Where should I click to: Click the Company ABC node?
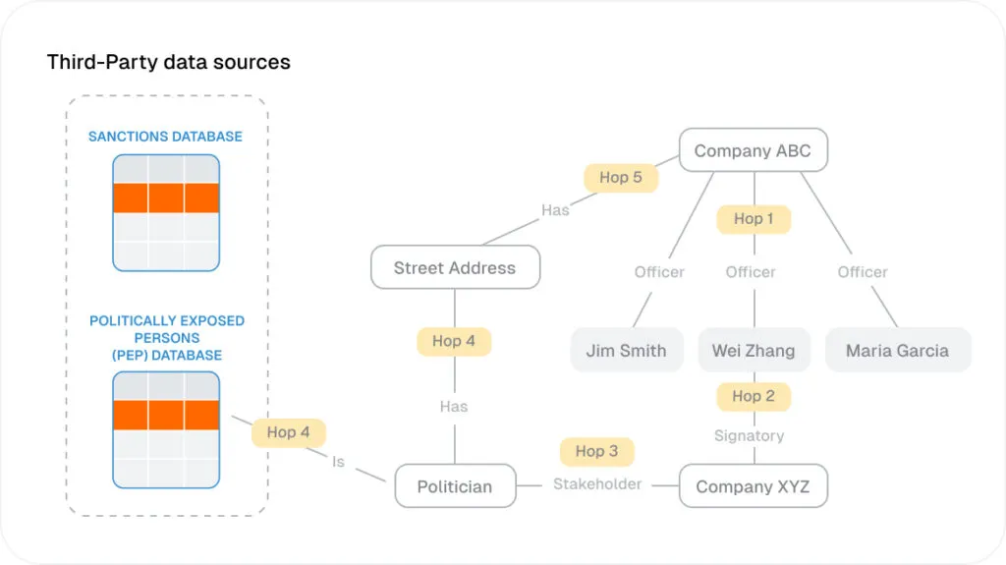tap(754, 151)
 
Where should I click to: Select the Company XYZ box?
tap(753, 486)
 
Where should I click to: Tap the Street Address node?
tap(455, 267)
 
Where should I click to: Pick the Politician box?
tap(455, 486)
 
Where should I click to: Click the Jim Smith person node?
tap(626, 350)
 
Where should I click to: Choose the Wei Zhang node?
tap(754, 350)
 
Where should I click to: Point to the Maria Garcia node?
tap(897, 350)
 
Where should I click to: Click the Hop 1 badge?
tap(754, 218)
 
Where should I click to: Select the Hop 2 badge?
tap(754, 396)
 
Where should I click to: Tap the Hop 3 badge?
tap(596, 451)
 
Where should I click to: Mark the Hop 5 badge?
tap(621, 177)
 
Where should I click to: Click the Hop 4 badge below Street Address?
tap(454, 341)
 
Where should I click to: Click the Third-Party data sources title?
tap(169, 62)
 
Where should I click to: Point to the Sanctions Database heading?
tap(165, 137)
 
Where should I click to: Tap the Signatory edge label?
tap(749, 435)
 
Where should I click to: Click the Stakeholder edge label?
tap(597, 483)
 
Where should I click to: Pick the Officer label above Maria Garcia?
tap(863, 272)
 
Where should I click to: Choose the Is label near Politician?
tap(338, 461)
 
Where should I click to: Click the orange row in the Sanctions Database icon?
tap(165, 198)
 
